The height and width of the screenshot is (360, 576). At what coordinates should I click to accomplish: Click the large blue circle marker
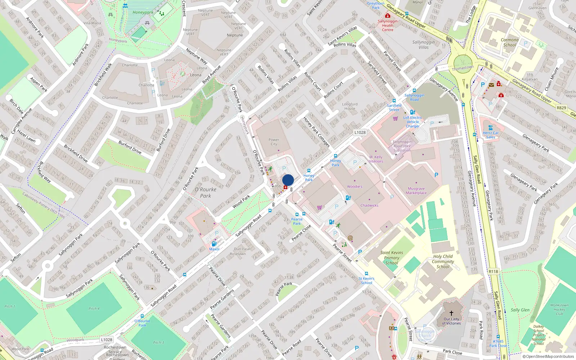tap(288, 180)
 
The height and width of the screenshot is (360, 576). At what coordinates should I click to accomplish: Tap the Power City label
tap(274, 142)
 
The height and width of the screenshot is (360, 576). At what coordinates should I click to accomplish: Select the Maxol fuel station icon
tap(214, 244)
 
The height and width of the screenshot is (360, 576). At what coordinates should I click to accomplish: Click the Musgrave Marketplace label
tap(416, 191)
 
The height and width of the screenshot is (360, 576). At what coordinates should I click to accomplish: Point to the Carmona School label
tap(509, 42)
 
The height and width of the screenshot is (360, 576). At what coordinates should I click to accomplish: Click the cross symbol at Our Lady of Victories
tap(451, 313)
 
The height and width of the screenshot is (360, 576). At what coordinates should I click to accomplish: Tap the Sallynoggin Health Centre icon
tap(387, 16)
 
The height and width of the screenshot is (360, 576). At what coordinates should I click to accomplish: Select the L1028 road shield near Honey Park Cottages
tap(360, 132)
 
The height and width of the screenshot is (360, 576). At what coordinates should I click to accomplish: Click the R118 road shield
tap(493, 272)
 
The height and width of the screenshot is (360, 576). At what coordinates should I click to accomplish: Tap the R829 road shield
tap(561, 108)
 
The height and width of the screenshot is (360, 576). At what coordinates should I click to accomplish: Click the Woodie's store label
tap(355, 186)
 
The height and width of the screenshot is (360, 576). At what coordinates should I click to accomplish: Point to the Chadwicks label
tap(369, 206)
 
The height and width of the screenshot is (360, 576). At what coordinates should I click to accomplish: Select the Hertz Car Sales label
tap(491, 135)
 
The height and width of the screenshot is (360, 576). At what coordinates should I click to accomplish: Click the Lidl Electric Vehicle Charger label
tap(413, 122)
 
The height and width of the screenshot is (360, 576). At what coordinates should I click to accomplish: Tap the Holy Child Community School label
tap(443, 262)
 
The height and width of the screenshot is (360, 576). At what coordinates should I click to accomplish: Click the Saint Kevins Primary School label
tap(392, 258)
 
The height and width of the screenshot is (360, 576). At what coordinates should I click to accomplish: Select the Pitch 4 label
tap(94, 309)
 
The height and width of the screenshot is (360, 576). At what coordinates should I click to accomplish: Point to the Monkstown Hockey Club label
tap(559, 309)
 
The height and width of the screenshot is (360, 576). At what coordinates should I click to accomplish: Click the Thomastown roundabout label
tap(463, 68)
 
